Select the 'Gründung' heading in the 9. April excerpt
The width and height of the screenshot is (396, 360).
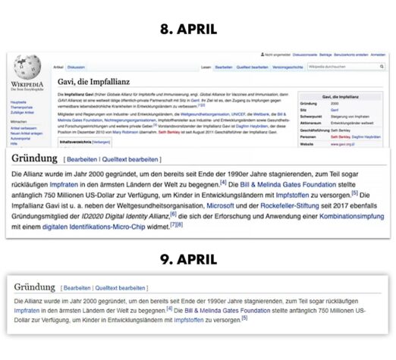(35, 288)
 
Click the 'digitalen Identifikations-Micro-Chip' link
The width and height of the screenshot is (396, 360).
(93, 226)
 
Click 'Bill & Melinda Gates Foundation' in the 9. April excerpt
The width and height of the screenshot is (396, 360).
(227, 310)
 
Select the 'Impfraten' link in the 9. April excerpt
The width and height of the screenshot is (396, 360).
(27, 310)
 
